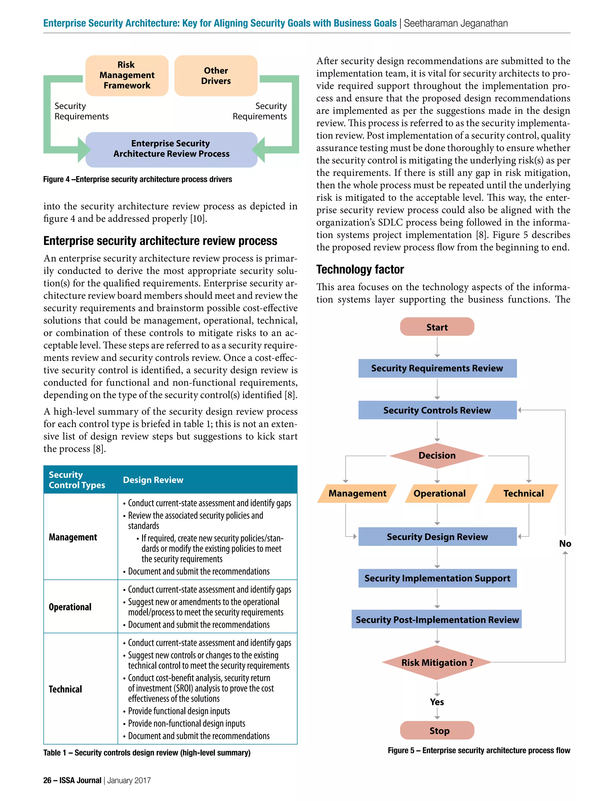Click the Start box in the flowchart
pyautogui.click(x=437, y=327)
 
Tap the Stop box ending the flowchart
pyautogui.click(x=437, y=730)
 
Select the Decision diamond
pyautogui.click(x=437, y=455)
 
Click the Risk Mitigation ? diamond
pyautogui.click(x=437, y=662)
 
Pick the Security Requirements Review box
pyautogui.click(x=437, y=368)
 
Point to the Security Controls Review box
pyautogui.click(x=437, y=410)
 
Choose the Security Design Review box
pyautogui.click(x=437, y=537)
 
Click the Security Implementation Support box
pyautogui.click(x=437, y=578)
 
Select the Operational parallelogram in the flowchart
pyautogui.click(x=440, y=493)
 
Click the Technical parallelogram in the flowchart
pyautogui.click(x=523, y=493)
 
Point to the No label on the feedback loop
pyautogui.click(x=565, y=544)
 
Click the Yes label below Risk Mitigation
pyautogui.click(x=437, y=702)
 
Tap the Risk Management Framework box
pyautogui.click(x=127, y=75)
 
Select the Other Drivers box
pyautogui.click(x=216, y=76)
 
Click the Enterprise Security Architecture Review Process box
pyautogui.click(x=171, y=149)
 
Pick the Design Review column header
pyautogui.click(x=153, y=480)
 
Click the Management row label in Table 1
pyautogui.click(x=73, y=537)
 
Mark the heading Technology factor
pyautogui.click(x=360, y=270)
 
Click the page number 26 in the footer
pyautogui.click(x=47, y=781)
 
